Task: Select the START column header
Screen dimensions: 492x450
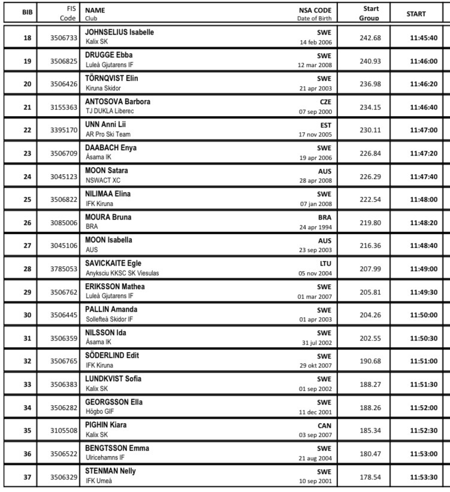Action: tap(416, 14)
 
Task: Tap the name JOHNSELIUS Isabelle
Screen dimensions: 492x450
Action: tap(120, 32)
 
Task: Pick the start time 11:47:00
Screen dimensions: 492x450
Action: tap(424, 130)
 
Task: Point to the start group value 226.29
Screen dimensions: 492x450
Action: tap(369, 176)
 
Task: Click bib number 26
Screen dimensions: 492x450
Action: tap(27, 222)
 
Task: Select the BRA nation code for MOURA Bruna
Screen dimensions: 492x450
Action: tap(324, 217)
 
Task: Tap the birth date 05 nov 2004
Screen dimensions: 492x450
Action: tap(315, 273)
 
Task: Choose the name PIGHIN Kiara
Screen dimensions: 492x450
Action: tap(105, 425)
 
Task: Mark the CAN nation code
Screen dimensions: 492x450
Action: tap(324, 425)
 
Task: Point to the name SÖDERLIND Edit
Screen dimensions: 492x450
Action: tap(112, 356)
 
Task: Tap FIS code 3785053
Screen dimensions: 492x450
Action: tap(64, 269)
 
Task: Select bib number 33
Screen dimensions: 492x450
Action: tap(27, 384)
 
